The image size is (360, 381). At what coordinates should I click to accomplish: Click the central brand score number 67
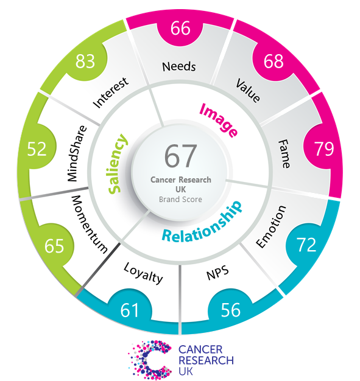click(180, 156)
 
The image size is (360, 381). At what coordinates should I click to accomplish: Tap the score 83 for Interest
click(85, 61)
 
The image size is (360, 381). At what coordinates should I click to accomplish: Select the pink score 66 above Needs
click(180, 28)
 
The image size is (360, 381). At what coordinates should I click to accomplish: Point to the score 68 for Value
click(274, 61)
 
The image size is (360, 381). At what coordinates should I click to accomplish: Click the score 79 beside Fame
click(324, 149)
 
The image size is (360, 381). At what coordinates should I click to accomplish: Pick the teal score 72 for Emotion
click(306, 245)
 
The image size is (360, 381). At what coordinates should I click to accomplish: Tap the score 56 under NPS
click(231, 310)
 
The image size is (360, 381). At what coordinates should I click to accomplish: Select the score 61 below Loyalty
click(130, 310)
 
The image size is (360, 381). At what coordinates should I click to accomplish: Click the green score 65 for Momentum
click(54, 246)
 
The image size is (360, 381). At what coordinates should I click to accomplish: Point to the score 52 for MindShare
click(37, 149)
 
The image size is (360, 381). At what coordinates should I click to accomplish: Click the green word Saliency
click(117, 164)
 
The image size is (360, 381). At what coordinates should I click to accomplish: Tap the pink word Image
click(218, 120)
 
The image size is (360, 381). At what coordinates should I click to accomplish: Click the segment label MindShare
click(77, 153)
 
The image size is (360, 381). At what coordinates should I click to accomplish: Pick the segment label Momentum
click(90, 224)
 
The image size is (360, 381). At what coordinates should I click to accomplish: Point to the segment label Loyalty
click(143, 273)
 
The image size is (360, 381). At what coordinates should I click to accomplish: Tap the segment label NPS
click(217, 273)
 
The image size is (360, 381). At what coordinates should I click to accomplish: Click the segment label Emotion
click(270, 226)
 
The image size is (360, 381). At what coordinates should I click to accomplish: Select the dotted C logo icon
click(150, 360)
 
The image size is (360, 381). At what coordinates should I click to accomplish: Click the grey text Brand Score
click(180, 199)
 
